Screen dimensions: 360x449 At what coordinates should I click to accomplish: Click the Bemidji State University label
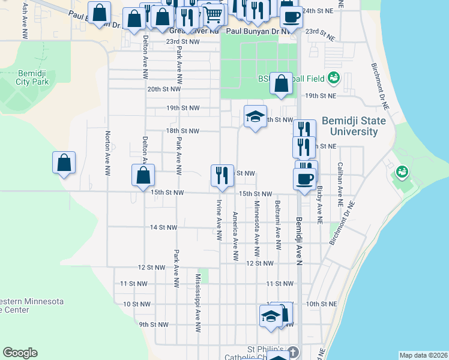pos(354,126)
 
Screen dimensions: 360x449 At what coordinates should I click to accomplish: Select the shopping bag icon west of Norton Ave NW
pos(64,163)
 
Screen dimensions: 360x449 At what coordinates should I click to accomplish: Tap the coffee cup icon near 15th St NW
pos(304,178)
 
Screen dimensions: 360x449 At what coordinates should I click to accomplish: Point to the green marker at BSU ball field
pos(334,79)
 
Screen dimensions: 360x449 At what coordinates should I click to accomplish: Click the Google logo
pos(20,353)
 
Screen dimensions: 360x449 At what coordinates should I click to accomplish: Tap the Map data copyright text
pos(423,355)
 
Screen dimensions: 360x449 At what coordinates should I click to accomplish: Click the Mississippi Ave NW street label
pos(197,303)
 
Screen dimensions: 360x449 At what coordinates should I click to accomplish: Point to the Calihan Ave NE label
pos(340,181)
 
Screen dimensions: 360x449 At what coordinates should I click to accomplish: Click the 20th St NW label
pos(164,89)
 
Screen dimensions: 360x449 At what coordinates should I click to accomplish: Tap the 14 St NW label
pos(164,227)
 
